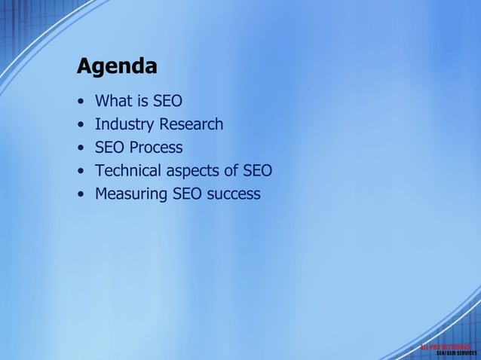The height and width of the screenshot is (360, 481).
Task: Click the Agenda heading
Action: (x=117, y=67)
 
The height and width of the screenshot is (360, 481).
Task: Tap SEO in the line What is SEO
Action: (x=167, y=101)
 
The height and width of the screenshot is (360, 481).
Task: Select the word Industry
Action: (x=124, y=124)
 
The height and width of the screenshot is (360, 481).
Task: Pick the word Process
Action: (x=155, y=148)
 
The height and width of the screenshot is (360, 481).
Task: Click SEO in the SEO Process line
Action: (x=109, y=148)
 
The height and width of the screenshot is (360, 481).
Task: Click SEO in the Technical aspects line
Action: (x=257, y=171)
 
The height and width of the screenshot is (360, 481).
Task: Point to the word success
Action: (x=234, y=194)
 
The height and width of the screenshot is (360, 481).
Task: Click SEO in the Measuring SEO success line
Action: (x=187, y=194)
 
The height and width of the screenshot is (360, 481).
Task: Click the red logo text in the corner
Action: (x=446, y=346)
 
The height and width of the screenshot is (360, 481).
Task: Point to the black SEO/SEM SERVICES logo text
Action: (x=456, y=353)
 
